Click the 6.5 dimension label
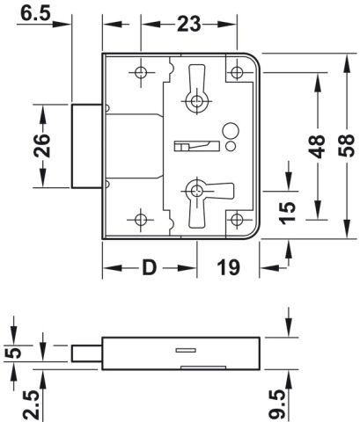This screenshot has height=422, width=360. [x=35, y=14]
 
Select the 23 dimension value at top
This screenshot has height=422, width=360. [x=188, y=24]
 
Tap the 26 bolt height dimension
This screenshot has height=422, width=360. [x=41, y=146]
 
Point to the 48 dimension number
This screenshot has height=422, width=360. [x=317, y=146]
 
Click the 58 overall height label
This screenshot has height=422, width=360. [x=346, y=146]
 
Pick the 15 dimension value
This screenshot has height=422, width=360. [x=287, y=213]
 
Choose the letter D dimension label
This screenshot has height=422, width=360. [x=150, y=267]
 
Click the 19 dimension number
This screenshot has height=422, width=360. [x=228, y=267]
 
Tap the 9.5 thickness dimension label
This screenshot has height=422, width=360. [x=277, y=404]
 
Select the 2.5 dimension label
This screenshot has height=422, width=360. [x=32, y=404]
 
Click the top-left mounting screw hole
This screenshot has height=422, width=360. [x=141, y=72]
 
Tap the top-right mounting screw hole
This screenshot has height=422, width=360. [x=237, y=72]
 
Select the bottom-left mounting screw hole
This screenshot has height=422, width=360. [x=141, y=220]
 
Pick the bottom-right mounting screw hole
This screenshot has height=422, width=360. [x=237, y=220]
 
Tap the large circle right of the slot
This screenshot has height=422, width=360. [x=231, y=131]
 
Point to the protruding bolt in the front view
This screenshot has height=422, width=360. [x=87, y=146]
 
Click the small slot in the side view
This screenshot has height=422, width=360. [x=186, y=350]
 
